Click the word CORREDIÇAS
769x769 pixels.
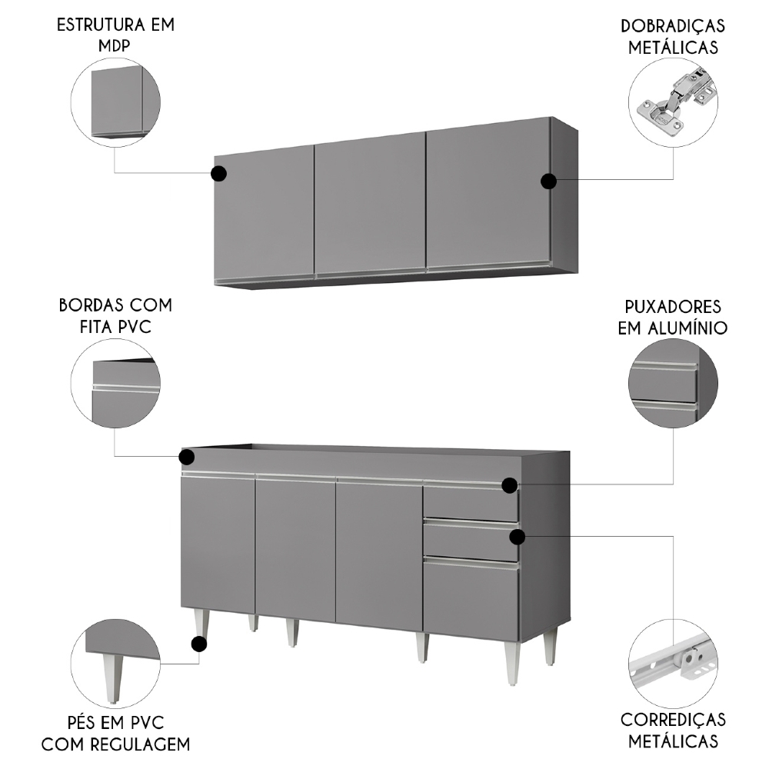(x=673, y=720)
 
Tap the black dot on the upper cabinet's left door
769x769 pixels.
(x=218, y=174)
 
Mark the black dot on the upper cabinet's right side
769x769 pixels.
(x=548, y=181)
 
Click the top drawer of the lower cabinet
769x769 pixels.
(x=470, y=503)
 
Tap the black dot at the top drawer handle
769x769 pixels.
(x=509, y=484)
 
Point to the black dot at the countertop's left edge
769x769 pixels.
(x=187, y=458)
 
